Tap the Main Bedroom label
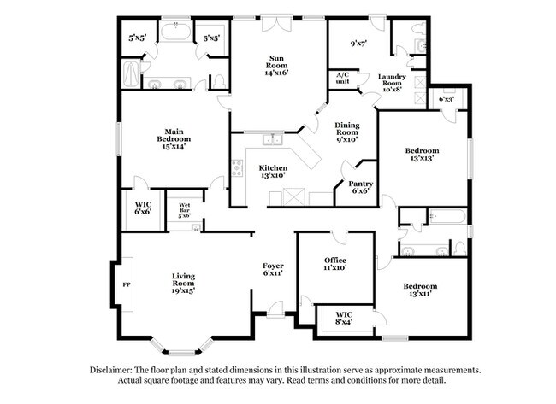pyautogui.click(x=174, y=142)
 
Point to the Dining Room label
pyautogui.click(x=346, y=132)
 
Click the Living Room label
pyautogui.click(x=183, y=281)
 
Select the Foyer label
pyautogui.click(x=273, y=269)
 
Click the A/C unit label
pyautogui.click(x=343, y=78)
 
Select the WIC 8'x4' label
pyautogui.click(x=344, y=319)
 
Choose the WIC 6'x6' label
pyautogui.click(x=143, y=208)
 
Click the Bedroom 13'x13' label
pyautogui.click(x=422, y=155)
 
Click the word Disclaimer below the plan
pyautogui.click(x=115, y=371)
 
